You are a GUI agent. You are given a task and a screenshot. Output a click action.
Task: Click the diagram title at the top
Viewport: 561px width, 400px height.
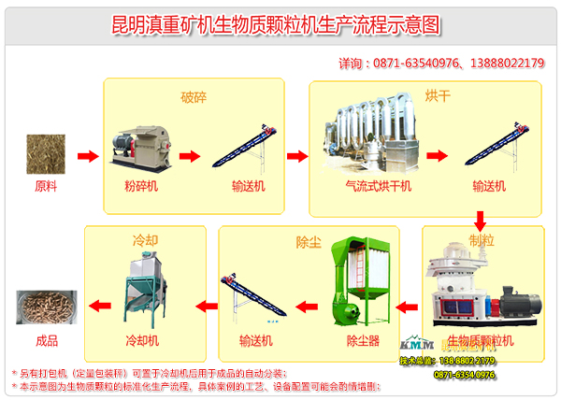pos(280,22)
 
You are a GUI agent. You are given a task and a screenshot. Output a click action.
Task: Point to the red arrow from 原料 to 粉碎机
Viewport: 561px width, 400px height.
pos(86,155)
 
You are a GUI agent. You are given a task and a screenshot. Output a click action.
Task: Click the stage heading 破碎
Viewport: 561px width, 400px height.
pos(194,95)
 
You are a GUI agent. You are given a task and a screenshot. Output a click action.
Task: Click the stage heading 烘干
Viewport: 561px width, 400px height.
pos(410,95)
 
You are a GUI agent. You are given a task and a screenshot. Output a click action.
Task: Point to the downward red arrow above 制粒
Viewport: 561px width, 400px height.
pos(480,221)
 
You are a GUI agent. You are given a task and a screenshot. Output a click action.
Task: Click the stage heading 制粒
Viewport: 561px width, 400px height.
pos(483,240)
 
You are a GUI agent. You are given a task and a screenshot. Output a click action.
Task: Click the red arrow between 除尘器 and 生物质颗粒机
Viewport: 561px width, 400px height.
pos(406,304)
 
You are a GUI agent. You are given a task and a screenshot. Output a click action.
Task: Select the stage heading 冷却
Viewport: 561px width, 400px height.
pos(141,240)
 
